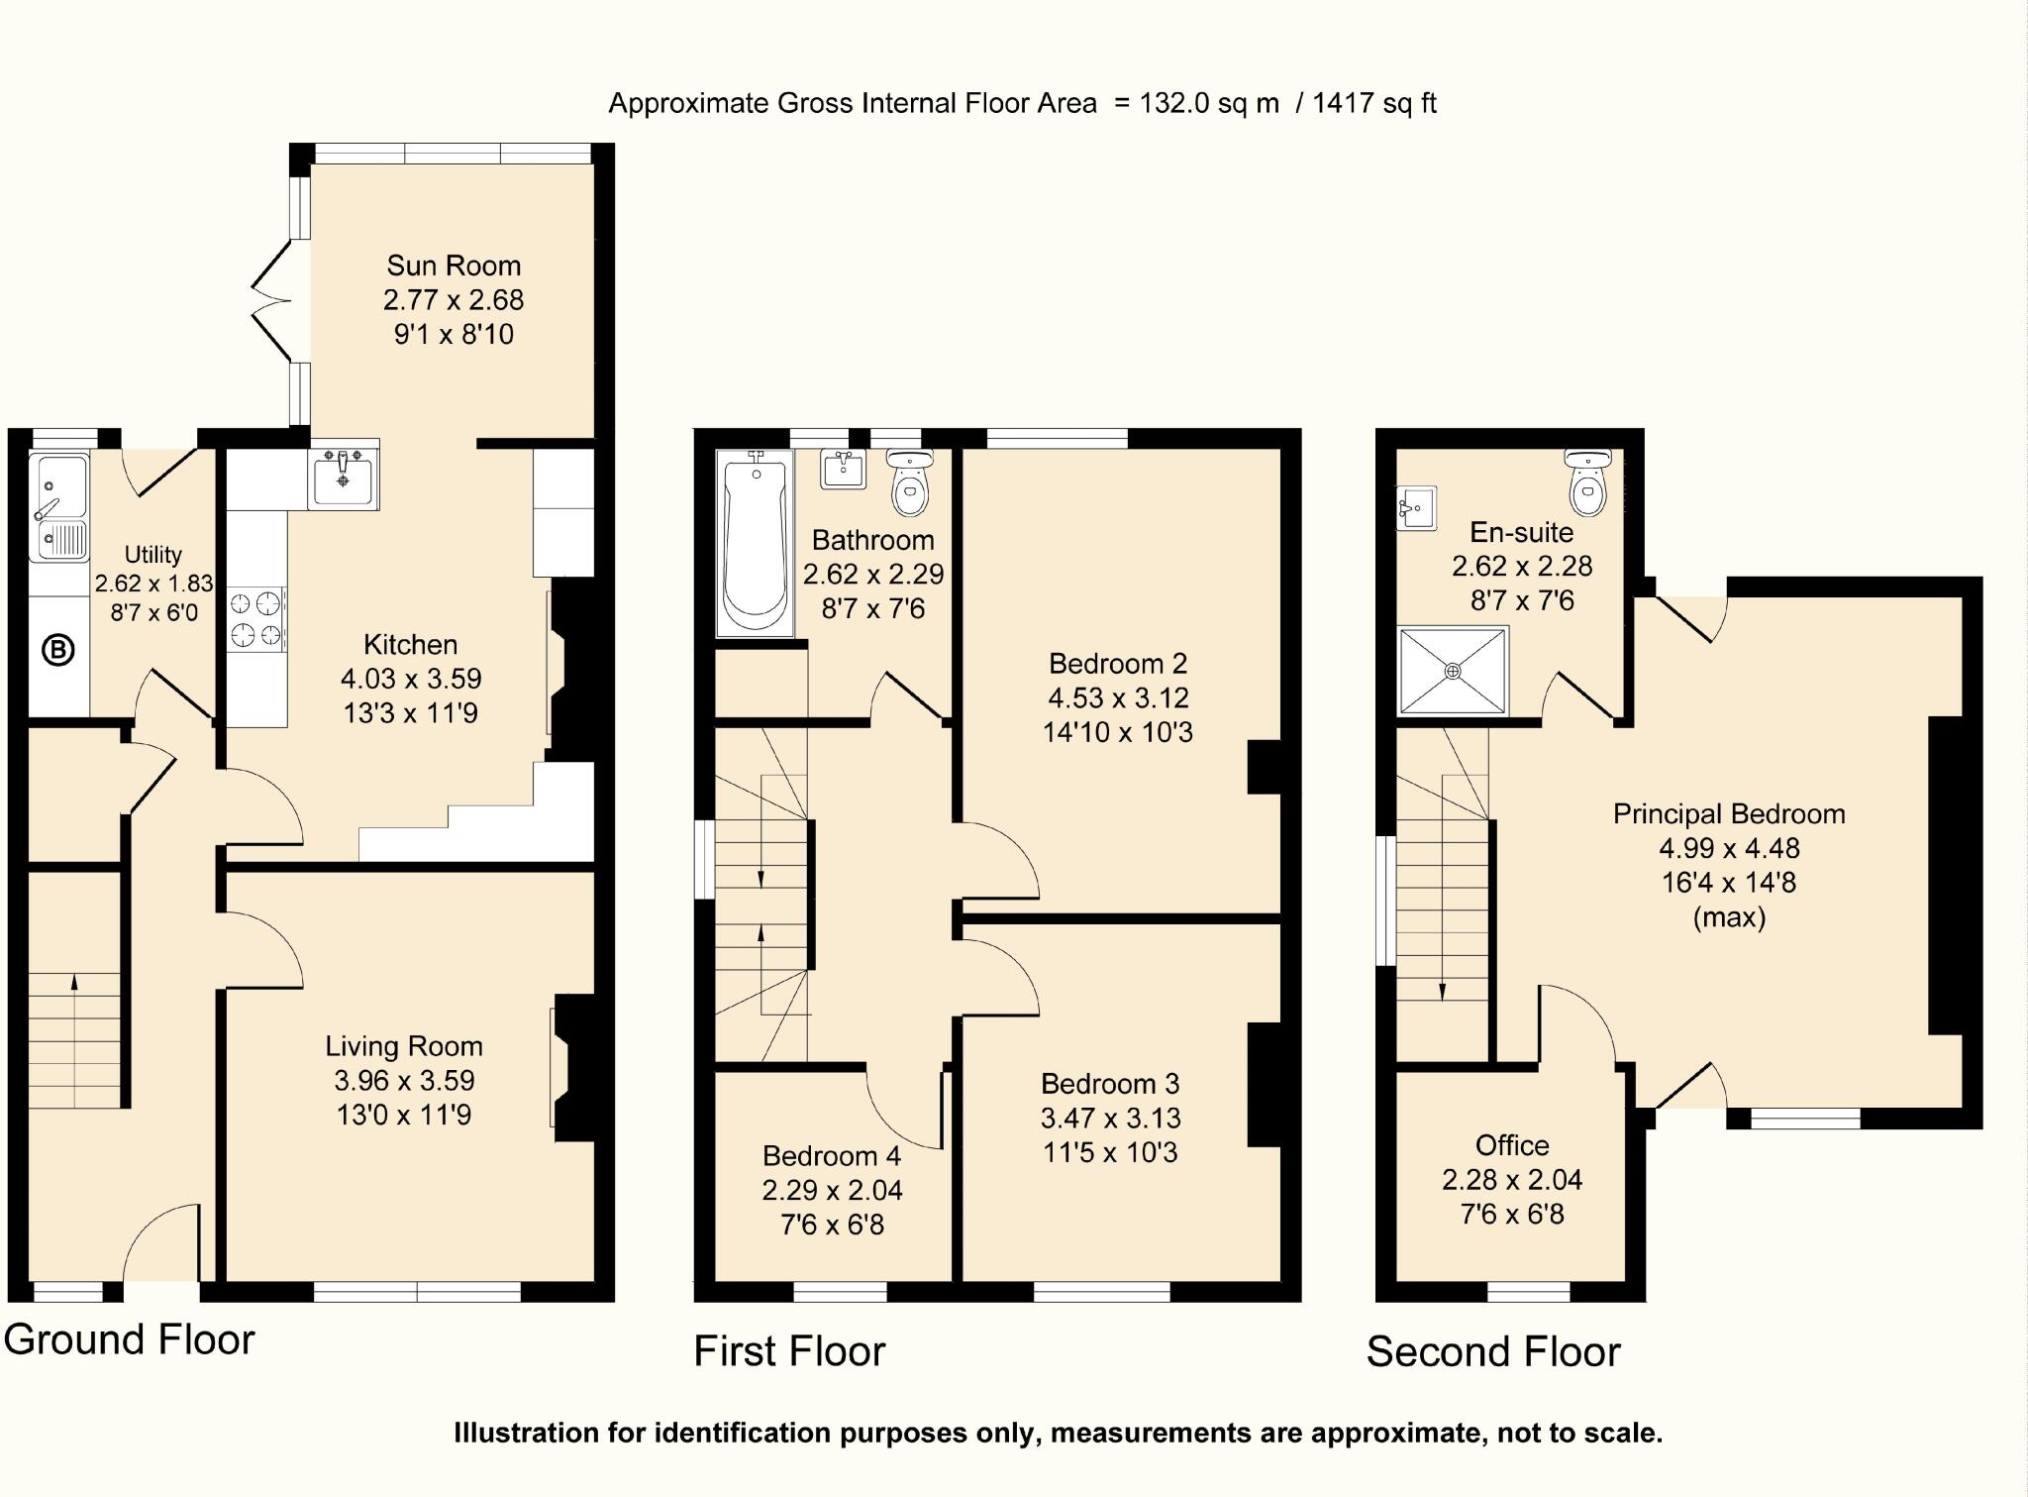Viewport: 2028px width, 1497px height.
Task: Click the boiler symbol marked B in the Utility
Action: click(x=58, y=651)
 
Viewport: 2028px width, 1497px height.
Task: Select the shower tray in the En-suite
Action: click(x=1453, y=671)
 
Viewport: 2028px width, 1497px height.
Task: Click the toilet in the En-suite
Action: click(x=1588, y=485)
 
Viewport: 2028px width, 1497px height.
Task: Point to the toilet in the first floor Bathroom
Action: click(x=909, y=483)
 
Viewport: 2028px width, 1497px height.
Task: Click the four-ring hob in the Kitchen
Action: click(x=256, y=619)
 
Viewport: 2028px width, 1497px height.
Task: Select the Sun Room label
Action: click(x=454, y=266)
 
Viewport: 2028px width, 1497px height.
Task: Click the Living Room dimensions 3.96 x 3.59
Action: click(x=404, y=1080)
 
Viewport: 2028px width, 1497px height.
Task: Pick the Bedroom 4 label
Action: click(x=832, y=1156)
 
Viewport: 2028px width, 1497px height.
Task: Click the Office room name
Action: click(x=1511, y=1145)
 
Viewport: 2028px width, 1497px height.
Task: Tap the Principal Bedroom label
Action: click(x=1728, y=814)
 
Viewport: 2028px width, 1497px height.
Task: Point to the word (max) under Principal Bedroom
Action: click(x=1729, y=917)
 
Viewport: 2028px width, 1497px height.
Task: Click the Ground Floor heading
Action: click(x=129, y=1339)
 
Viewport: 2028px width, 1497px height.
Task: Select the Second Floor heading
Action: click(x=1492, y=1351)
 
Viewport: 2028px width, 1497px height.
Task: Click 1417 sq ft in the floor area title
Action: click(x=1373, y=103)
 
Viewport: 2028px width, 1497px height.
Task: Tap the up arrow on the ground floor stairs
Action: click(x=74, y=981)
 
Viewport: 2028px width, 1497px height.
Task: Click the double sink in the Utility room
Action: click(x=59, y=507)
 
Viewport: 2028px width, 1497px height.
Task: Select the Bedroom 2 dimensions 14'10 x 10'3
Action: click(x=1117, y=732)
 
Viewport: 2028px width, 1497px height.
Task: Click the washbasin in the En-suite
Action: click(x=1416, y=508)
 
